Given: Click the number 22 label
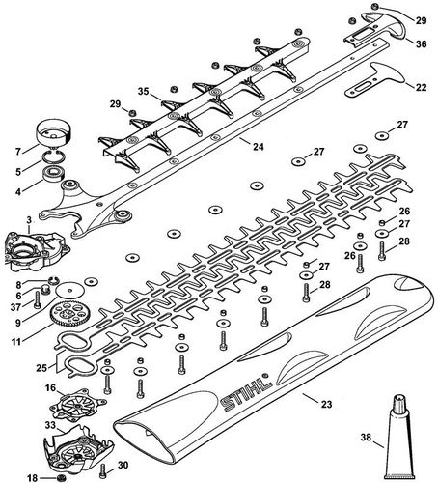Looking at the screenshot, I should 420,88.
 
